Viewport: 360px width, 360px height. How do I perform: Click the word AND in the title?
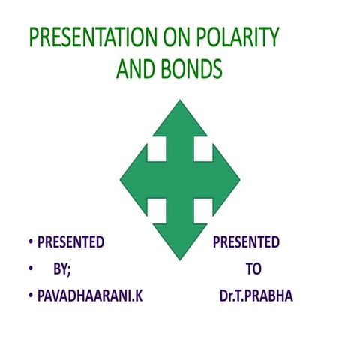click(x=137, y=69)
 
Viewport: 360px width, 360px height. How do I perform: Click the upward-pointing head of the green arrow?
click(x=180, y=120)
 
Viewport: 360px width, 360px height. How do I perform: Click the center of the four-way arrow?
click(x=180, y=180)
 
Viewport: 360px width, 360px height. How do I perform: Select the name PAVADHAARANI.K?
click(x=90, y=296)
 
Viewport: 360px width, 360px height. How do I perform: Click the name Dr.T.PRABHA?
click(x=251, y=296)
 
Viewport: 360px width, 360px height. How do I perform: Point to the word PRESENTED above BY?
click(x=70, y=242)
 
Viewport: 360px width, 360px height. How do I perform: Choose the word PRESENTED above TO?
click(x=246, y=242)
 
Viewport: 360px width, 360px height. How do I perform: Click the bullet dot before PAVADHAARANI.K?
click(x=31, y=296)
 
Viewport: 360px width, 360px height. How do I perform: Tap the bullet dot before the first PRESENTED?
click(x=31, y=242)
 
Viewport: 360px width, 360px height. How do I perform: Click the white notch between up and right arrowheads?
click(x=203, y=150)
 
